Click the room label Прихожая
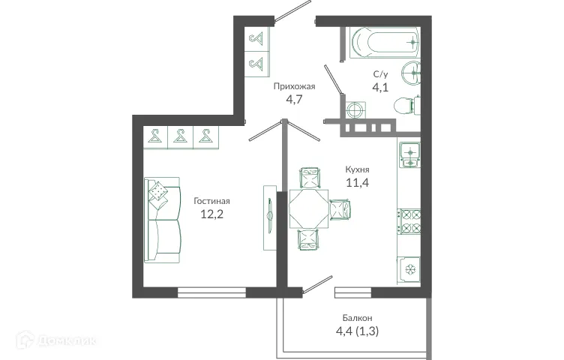click(x=293, y=86)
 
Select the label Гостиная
click(x=211, y=201)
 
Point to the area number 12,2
click(x=211, y=214)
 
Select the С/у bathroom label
click(x=381, y=74)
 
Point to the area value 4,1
click(x=381, y=87)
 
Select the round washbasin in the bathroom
click(x=412, y=73)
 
